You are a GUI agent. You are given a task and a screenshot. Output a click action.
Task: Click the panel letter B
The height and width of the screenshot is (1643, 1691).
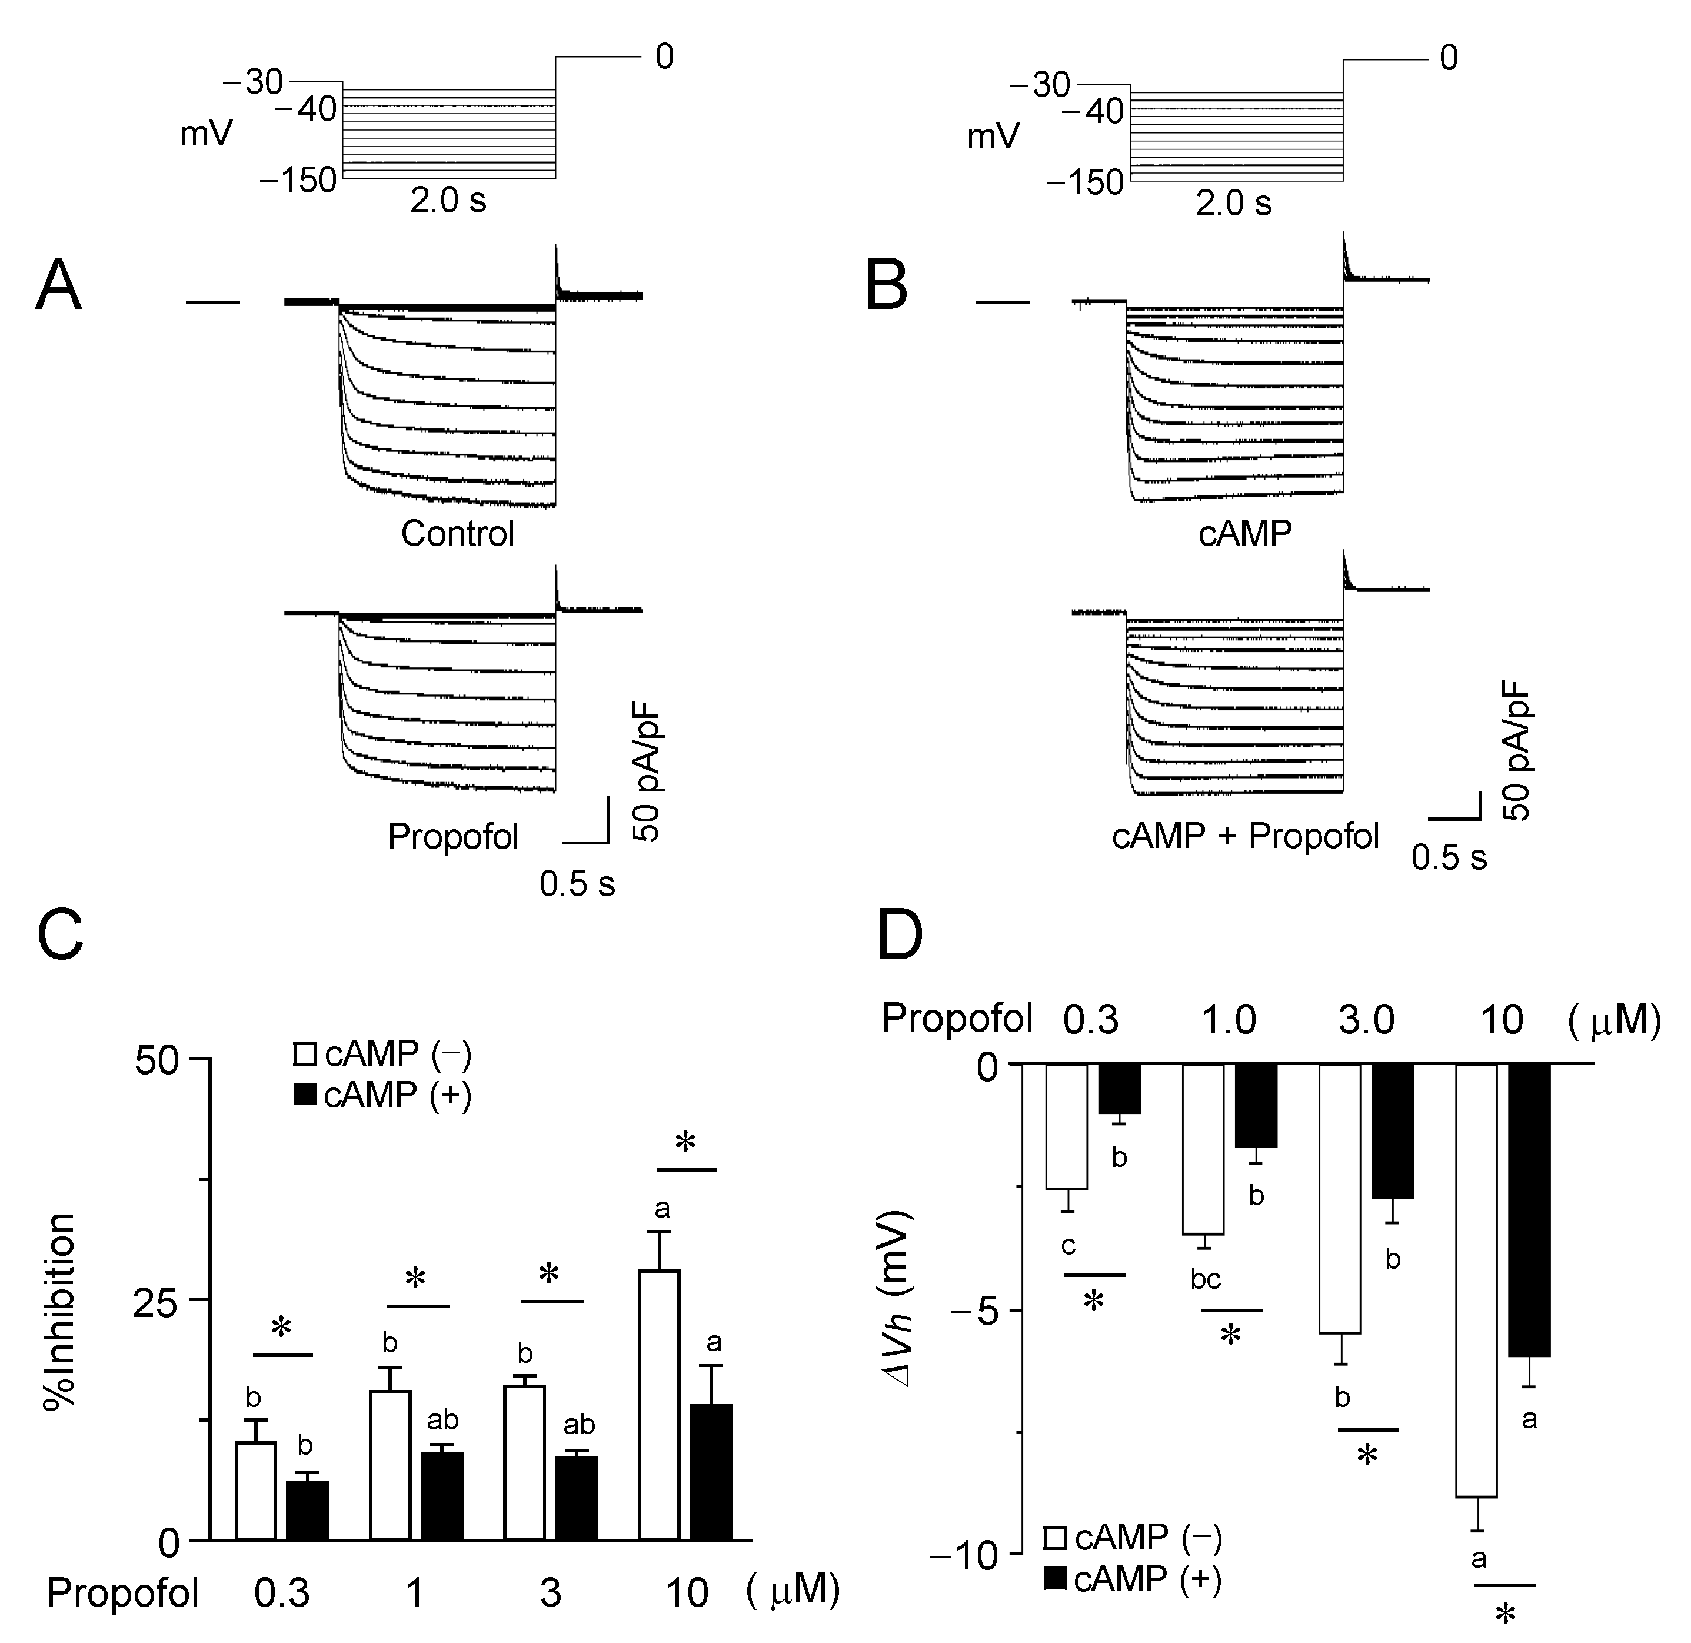[x=887, y=285]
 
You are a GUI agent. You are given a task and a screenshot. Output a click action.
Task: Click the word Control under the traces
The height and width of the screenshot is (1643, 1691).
[x=457, y=533]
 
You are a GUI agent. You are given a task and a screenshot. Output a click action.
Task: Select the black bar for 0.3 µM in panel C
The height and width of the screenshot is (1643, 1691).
[x=307, y=1510]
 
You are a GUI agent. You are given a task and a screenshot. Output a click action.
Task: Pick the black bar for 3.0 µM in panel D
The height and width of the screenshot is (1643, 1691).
[x=1393, y=1130]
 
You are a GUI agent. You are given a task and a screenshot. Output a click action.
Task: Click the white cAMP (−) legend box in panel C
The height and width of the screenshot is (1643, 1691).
[x=305, y=1055]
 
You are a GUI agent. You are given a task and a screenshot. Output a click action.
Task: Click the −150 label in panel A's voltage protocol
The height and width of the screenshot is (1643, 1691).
[x=298, y=180]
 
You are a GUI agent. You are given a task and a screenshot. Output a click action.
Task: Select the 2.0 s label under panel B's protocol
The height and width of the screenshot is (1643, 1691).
[x=1234, y=204]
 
